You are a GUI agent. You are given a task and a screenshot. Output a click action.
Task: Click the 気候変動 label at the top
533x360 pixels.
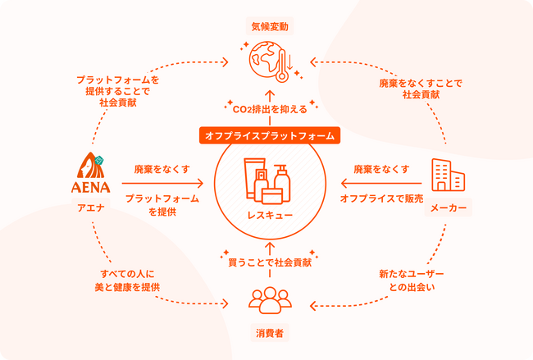click(270, 27)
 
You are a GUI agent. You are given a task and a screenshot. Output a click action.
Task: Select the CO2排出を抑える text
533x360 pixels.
click(270, 108)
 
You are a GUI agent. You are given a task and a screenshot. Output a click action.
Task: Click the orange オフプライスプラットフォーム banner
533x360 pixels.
click(270, 134)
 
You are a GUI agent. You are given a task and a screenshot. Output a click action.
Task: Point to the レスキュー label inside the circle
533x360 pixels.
click(270, 216)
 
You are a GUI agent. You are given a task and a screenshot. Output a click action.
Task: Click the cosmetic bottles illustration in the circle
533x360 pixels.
click(269, 183)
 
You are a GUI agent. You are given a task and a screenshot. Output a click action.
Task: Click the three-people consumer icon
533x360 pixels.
click(270, 299)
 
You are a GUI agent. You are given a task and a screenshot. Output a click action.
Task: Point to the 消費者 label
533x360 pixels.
click(270, 335)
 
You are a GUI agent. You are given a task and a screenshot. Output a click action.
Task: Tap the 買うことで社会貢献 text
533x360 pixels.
click(270, 262)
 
